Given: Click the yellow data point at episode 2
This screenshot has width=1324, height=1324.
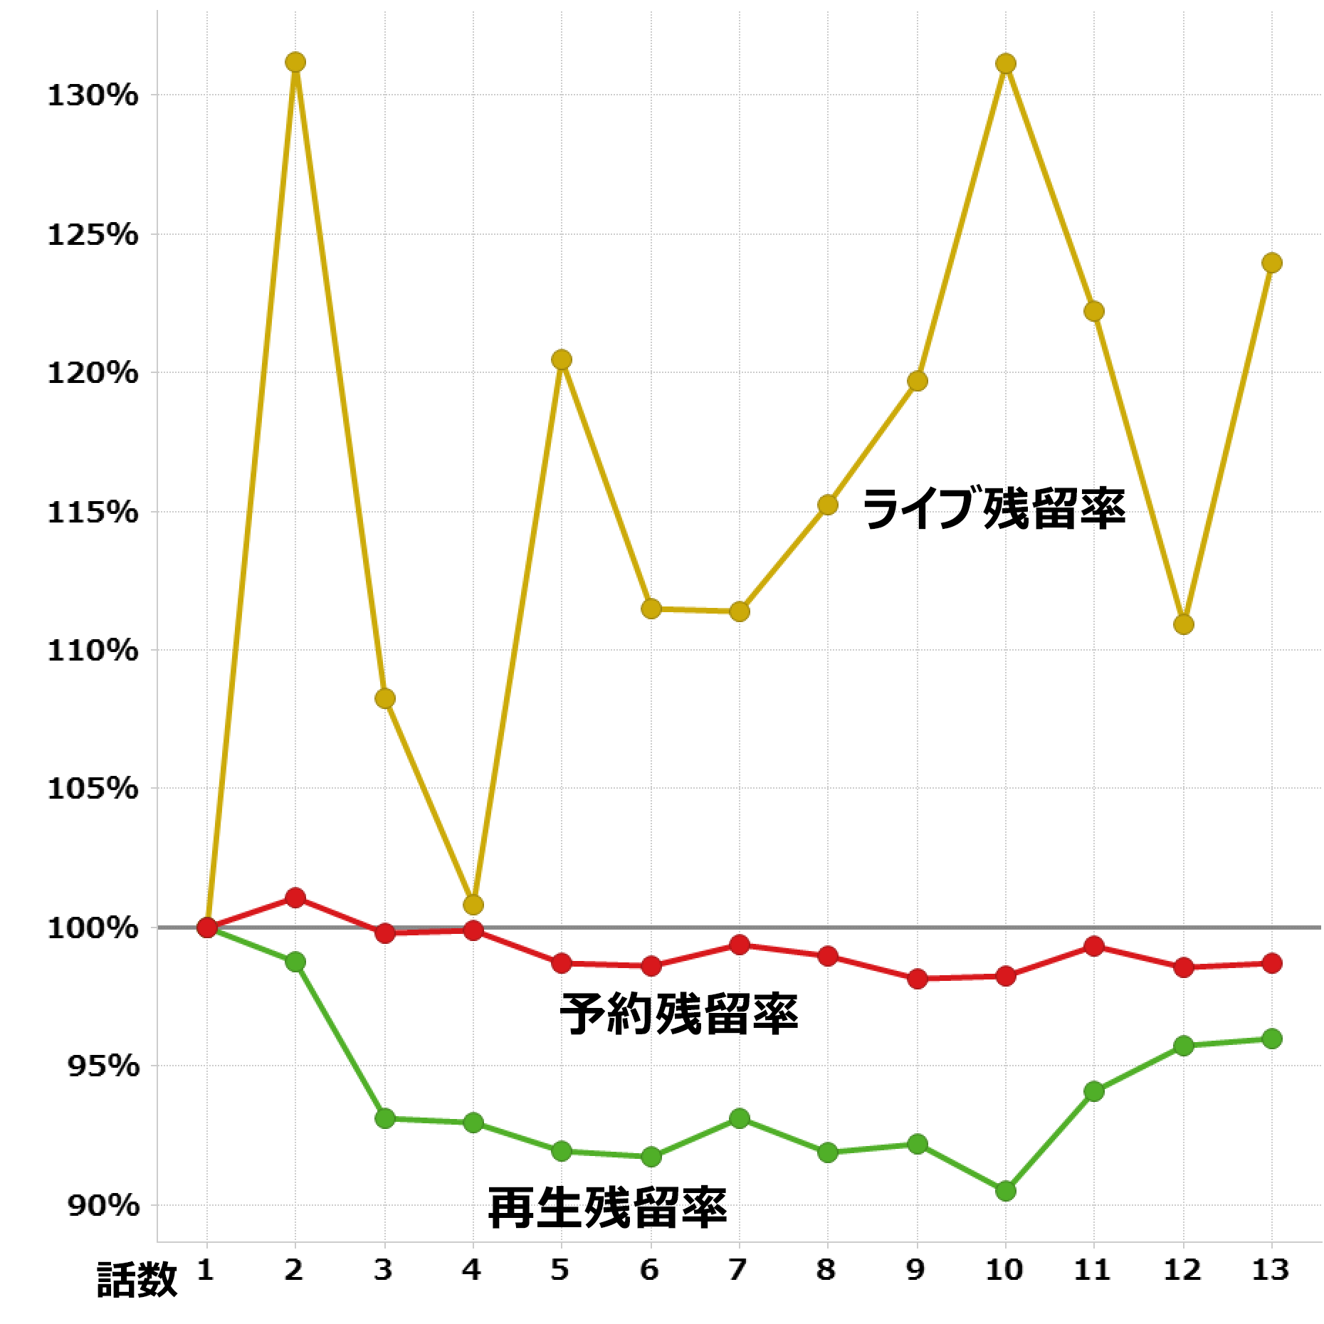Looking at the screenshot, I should coord(295,63).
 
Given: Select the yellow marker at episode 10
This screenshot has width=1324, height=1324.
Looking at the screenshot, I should coord(1005,64).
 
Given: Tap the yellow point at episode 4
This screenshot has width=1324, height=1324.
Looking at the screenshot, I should coord(473,905).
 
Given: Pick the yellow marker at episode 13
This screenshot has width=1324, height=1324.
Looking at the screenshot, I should coord(1272,263).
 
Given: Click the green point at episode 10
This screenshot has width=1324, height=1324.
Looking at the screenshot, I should coord(1005,1191).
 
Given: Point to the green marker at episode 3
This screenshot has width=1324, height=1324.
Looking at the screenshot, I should coord(384,1118).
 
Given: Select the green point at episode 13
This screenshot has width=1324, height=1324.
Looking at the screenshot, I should coord(1272,1039).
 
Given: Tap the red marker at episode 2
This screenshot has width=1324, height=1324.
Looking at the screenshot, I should coord(295,897).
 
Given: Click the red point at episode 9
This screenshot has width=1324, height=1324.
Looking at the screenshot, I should coord(917,979).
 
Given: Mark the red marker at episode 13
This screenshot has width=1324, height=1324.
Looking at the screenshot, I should coord(1272,963).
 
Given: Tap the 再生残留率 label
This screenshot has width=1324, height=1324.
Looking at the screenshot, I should coord(607,1208).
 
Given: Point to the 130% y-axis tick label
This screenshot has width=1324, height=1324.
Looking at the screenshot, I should coord(93,95).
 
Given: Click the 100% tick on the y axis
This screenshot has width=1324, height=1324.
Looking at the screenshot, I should coord(93,928).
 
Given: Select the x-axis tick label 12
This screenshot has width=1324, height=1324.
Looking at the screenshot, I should coord(1182,1269).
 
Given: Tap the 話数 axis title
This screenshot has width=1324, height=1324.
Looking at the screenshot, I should coord(137,1279).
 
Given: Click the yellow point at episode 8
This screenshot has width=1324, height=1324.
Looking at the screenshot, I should coord(827,505).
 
